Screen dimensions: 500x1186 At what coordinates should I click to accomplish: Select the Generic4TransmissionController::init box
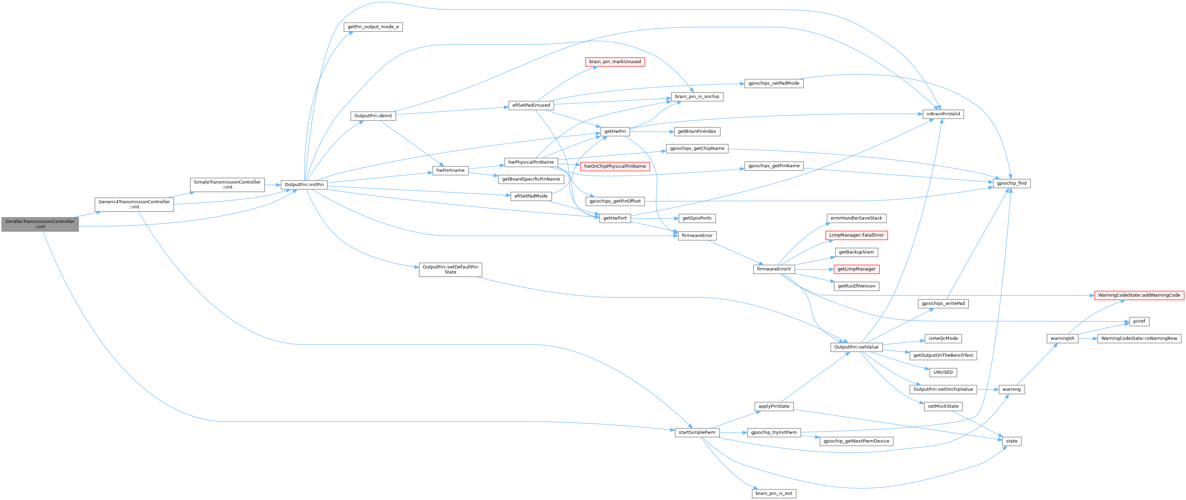(x=134, y=204)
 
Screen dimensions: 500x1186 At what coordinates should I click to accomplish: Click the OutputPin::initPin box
(x=304, y=185)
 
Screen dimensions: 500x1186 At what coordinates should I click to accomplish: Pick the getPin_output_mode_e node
(x=373, y=27)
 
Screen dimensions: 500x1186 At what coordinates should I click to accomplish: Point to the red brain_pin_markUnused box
(x=615, y=62)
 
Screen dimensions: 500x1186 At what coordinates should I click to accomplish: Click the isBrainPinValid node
(x=943, y=114)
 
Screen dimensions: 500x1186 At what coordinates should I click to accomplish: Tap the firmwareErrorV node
(x=774, y=269)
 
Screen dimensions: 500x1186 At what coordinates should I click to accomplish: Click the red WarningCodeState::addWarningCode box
(x=1139, y=295)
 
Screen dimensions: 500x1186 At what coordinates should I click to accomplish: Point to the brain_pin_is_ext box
(x=774, y=493)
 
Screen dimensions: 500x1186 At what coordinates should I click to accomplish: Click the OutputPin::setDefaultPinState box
(x=450, y=269)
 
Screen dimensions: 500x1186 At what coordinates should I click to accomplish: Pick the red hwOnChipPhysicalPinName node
(x=615, y=166)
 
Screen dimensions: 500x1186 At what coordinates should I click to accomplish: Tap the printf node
(x=1139, y=321)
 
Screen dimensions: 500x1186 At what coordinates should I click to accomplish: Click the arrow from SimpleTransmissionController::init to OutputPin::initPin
(x=272, y=185)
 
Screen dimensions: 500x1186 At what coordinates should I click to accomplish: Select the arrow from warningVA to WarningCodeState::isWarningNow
(x=1088, y=338)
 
